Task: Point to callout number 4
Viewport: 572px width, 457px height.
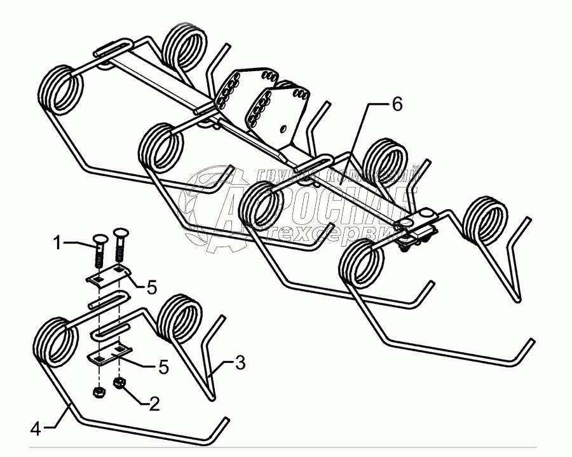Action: [36, 429]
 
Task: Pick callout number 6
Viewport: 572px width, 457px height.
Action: [396, 104]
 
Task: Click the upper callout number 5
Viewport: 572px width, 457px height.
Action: [151, 287]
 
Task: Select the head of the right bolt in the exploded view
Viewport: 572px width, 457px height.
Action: [121, 234]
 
